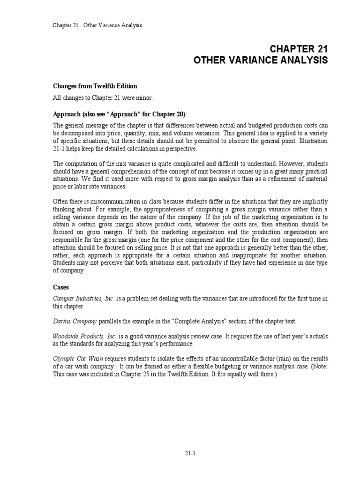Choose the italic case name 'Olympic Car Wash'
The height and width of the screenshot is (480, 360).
tap(73, 359)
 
